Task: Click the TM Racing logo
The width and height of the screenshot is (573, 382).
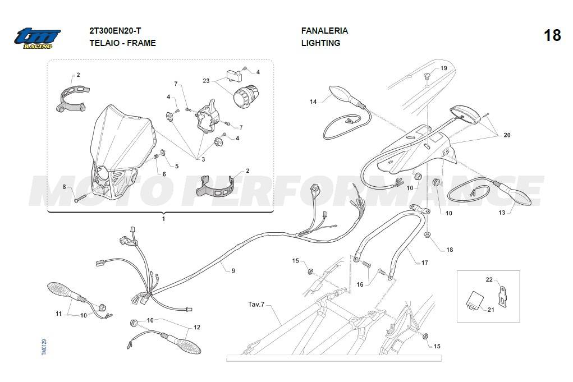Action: coord(37,38)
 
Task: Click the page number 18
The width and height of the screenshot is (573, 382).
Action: coord(552,35)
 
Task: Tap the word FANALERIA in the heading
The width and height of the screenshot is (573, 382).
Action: coord(324,31)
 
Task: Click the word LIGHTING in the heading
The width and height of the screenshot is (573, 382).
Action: coord(320,43)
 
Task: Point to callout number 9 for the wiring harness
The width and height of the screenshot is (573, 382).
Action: coord(233,270)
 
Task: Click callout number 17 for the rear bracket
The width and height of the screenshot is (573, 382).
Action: coord(424,262)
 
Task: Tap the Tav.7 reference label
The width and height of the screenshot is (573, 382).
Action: coord(256,305)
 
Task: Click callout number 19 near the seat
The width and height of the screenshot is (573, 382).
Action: coord(443,68)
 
